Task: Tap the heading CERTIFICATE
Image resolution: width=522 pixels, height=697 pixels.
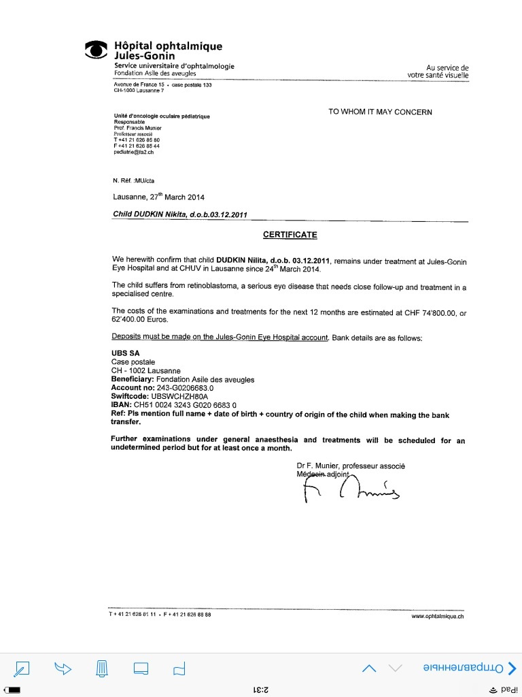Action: (x=290, y=235)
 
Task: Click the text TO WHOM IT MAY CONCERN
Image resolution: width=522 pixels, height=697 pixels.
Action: (x=380, y=112)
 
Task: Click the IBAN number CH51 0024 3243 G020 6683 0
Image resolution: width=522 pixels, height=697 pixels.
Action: (x=184, y=404)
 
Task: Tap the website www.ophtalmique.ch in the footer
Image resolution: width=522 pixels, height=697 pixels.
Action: (x=438, y=617)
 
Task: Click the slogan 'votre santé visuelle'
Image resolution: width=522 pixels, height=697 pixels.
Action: (x=438, y=75)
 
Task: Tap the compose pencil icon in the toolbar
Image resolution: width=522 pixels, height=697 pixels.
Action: (x=23, y=669)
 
